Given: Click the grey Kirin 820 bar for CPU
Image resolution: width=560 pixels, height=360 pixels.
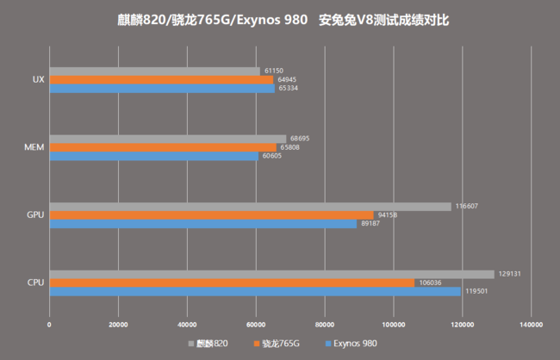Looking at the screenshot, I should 271,274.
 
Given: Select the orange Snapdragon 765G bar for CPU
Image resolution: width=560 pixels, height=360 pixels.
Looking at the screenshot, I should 232,282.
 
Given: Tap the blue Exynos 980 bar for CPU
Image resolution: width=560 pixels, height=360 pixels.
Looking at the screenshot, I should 255,291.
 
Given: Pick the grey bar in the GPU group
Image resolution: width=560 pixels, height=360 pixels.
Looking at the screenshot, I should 250,207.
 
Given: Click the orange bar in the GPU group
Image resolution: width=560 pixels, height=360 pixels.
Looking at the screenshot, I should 211,215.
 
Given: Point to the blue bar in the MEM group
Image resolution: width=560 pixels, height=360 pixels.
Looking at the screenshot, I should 153,156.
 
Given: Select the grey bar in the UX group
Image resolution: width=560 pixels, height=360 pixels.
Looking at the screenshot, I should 154,71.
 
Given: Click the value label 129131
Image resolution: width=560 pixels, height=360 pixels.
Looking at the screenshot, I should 510,274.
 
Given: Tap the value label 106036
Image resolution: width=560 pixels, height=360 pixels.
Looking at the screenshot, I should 430,282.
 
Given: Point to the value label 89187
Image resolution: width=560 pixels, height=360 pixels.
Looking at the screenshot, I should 370,224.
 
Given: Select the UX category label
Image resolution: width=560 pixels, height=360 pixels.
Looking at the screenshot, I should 38,79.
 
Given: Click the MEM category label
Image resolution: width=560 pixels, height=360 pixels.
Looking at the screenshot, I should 35,147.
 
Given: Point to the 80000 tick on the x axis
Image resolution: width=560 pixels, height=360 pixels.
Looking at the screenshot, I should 325,325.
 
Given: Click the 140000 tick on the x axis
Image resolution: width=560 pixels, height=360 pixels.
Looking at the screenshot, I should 531,325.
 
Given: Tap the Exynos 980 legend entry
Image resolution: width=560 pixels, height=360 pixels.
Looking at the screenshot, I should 353,343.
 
